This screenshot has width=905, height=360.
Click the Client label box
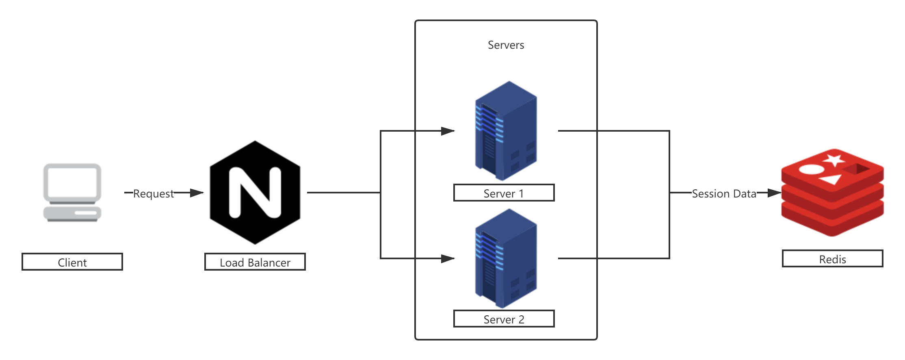[72, 262]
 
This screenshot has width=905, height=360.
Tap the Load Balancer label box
[255, 262]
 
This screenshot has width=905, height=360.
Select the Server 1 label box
[504, 193]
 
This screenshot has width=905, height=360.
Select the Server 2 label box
[504, 319]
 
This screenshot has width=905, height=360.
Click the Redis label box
[832, 259]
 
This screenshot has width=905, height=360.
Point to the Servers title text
[506, 45]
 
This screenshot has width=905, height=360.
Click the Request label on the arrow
[154, 193]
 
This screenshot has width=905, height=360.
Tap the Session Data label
[724, 193]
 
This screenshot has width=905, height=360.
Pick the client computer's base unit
[72, 213]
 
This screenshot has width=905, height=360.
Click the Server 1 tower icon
[506, 131]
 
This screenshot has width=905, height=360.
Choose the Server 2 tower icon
[506, 258]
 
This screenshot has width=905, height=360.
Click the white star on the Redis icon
[834, 160]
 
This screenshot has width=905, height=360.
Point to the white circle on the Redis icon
[812, 169]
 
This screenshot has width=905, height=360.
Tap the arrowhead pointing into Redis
[773, 193]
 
